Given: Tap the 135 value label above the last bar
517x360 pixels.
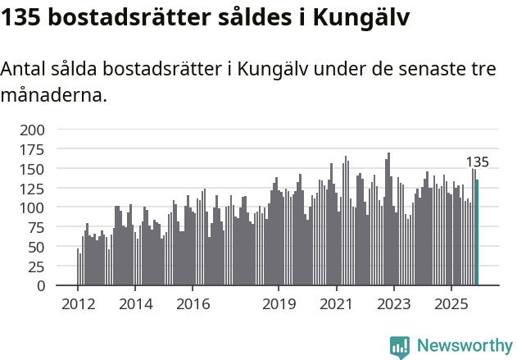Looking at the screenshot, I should pyautogui.click(x=477, y=162).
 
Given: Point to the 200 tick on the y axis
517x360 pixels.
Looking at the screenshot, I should pyautogui.click(x=34, y=130).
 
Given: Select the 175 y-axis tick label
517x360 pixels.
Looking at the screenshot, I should pyautogui.click(x=34, y=149).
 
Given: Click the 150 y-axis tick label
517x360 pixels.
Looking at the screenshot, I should pyautogui.click(x=34, y=169).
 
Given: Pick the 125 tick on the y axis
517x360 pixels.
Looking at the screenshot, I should pyautogui.click(x=34, y=189).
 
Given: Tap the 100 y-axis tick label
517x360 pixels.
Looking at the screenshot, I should pyautogui.click(x=34, y=208).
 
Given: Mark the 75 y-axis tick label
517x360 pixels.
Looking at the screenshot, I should pyautogui.click(x=38, y=228).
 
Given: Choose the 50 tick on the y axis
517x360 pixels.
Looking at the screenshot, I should pyautogui.click(x=38, y=247).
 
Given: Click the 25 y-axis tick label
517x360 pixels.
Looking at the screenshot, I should pyautogui.click(x=38, y=267).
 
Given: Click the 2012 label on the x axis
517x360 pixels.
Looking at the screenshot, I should pyautogui.click(x=78, y=304).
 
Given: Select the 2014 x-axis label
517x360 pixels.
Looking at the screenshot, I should pyautogui.click(x=135, y=304).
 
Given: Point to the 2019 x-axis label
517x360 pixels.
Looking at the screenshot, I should pyautogui.click(x=279, y=304).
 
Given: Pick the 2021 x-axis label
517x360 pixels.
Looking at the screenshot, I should pyautogui.click(x=336, y=304).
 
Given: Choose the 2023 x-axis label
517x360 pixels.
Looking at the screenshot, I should pyautogui.click(x=393, y=304).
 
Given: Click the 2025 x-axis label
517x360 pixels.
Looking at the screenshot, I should pyautogui.click(x=451, y=304).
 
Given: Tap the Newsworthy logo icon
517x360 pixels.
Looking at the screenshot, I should pyautogui.click(x=400, y=347).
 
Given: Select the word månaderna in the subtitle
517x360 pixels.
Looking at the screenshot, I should pyautogui.click(x=54, y=95).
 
